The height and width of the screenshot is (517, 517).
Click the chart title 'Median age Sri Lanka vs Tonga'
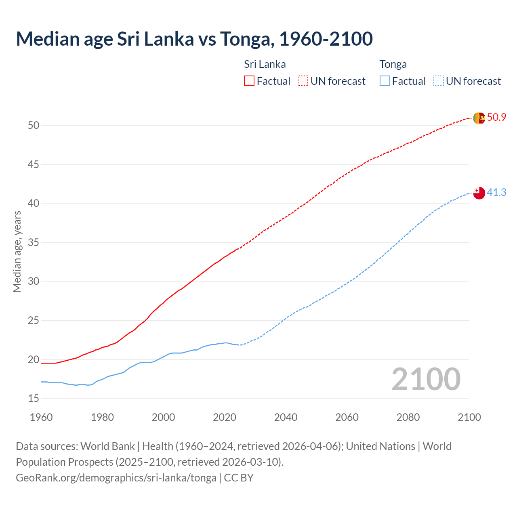194,39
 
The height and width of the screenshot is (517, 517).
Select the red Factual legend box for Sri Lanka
249,81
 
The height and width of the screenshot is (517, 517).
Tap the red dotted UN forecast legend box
303,81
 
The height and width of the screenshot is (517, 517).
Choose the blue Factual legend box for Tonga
385,81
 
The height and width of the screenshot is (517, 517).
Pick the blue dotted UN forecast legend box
439,81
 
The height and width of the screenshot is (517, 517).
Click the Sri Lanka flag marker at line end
479,118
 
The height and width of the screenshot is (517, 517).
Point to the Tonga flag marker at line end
479,193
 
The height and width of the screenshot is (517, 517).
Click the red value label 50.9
496,118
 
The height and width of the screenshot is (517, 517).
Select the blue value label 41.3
496,193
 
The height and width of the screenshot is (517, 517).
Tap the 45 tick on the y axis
34,164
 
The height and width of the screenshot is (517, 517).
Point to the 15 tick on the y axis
34,399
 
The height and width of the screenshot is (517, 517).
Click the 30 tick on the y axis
34,282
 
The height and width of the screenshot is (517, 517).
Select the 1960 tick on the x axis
41,417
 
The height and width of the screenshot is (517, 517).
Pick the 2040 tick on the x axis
286,417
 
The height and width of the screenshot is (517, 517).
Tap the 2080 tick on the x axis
408,417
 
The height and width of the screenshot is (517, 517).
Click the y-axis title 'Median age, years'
17,251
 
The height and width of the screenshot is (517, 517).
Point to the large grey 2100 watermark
426,379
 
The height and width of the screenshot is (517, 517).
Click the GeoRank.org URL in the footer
116,478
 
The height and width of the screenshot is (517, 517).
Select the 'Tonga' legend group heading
393,65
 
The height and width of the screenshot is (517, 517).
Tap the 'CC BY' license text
239,478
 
